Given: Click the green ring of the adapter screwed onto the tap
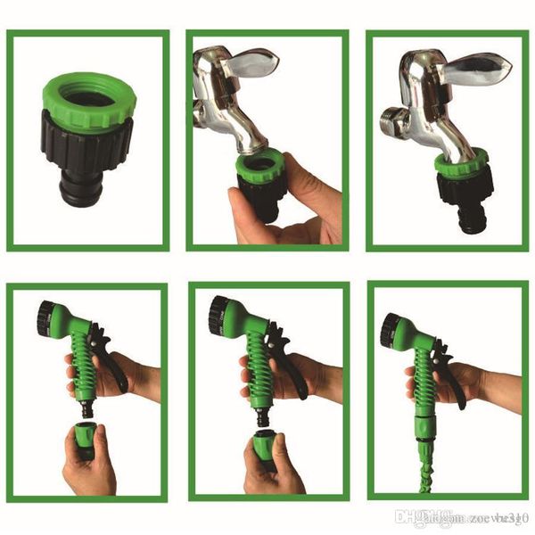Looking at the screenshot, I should (x=461, y=161).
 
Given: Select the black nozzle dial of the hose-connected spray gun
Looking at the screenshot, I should (x=391, y=332).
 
